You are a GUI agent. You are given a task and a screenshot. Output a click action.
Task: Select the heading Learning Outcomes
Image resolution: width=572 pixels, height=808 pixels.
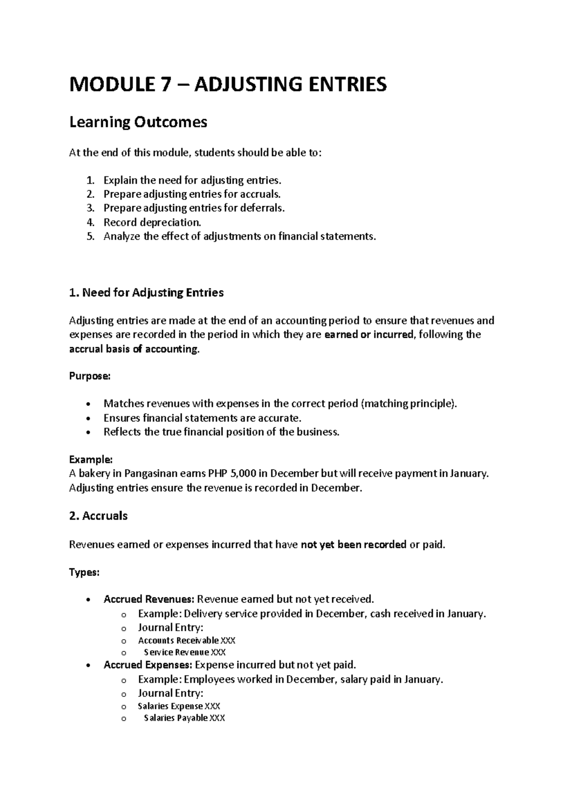click(138, 122)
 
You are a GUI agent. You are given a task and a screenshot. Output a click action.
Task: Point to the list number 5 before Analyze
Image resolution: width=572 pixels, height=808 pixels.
click(91, 236)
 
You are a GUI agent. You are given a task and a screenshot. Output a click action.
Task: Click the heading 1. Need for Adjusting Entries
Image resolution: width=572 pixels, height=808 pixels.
click(146, 293)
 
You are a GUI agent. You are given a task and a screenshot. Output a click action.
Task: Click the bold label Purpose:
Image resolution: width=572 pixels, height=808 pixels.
click(90, 376)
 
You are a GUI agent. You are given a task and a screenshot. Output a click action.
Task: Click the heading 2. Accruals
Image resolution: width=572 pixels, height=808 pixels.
click(99, 515)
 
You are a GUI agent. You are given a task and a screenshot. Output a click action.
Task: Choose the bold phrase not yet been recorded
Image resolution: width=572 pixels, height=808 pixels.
click(354, 544)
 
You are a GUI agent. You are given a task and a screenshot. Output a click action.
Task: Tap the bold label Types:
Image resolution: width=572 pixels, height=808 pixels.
click(84, 572)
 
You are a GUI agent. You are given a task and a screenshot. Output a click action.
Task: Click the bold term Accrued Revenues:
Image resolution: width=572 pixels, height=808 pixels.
click(149, 599)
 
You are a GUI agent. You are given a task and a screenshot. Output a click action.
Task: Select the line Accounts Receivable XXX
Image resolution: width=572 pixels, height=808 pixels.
click(186, 640)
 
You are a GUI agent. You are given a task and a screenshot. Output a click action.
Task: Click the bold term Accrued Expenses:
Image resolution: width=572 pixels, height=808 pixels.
click(148, 665)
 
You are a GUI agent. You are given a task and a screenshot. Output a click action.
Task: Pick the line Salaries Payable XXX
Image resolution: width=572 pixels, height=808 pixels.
click(184, 718)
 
